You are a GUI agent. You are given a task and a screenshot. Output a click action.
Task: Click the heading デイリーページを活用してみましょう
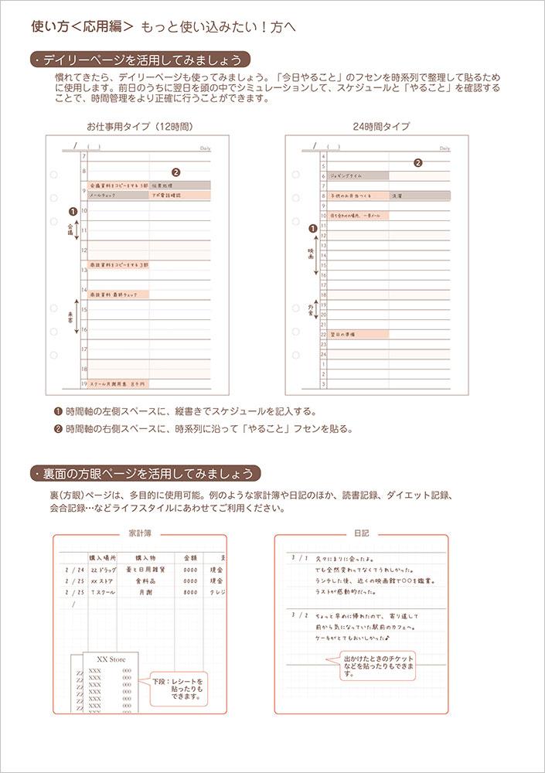coord(143,60)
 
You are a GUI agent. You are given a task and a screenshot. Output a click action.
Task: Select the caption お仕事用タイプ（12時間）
coord(139,126)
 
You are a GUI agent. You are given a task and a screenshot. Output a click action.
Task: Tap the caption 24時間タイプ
coord(370,126)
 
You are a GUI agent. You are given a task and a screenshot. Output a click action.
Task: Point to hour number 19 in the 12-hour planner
coord(83,383)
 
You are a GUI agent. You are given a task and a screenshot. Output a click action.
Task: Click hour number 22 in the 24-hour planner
coord(324,335)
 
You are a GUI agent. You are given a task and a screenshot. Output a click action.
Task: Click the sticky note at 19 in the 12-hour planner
coord(118,383)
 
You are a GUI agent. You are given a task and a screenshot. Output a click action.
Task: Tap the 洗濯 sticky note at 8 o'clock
coord(419,196)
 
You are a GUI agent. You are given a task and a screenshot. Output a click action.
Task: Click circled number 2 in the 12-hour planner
coord(175,173)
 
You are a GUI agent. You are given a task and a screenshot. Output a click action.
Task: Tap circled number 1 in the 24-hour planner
coord(312,228)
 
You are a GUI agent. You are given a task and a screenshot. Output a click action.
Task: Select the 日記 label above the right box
coord(362,533)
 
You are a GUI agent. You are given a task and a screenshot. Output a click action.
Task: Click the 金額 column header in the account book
coord(190,557)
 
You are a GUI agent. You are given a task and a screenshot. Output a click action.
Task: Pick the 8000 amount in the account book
coord(190,592)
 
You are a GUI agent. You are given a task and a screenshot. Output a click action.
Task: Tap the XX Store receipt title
coord(111,658)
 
